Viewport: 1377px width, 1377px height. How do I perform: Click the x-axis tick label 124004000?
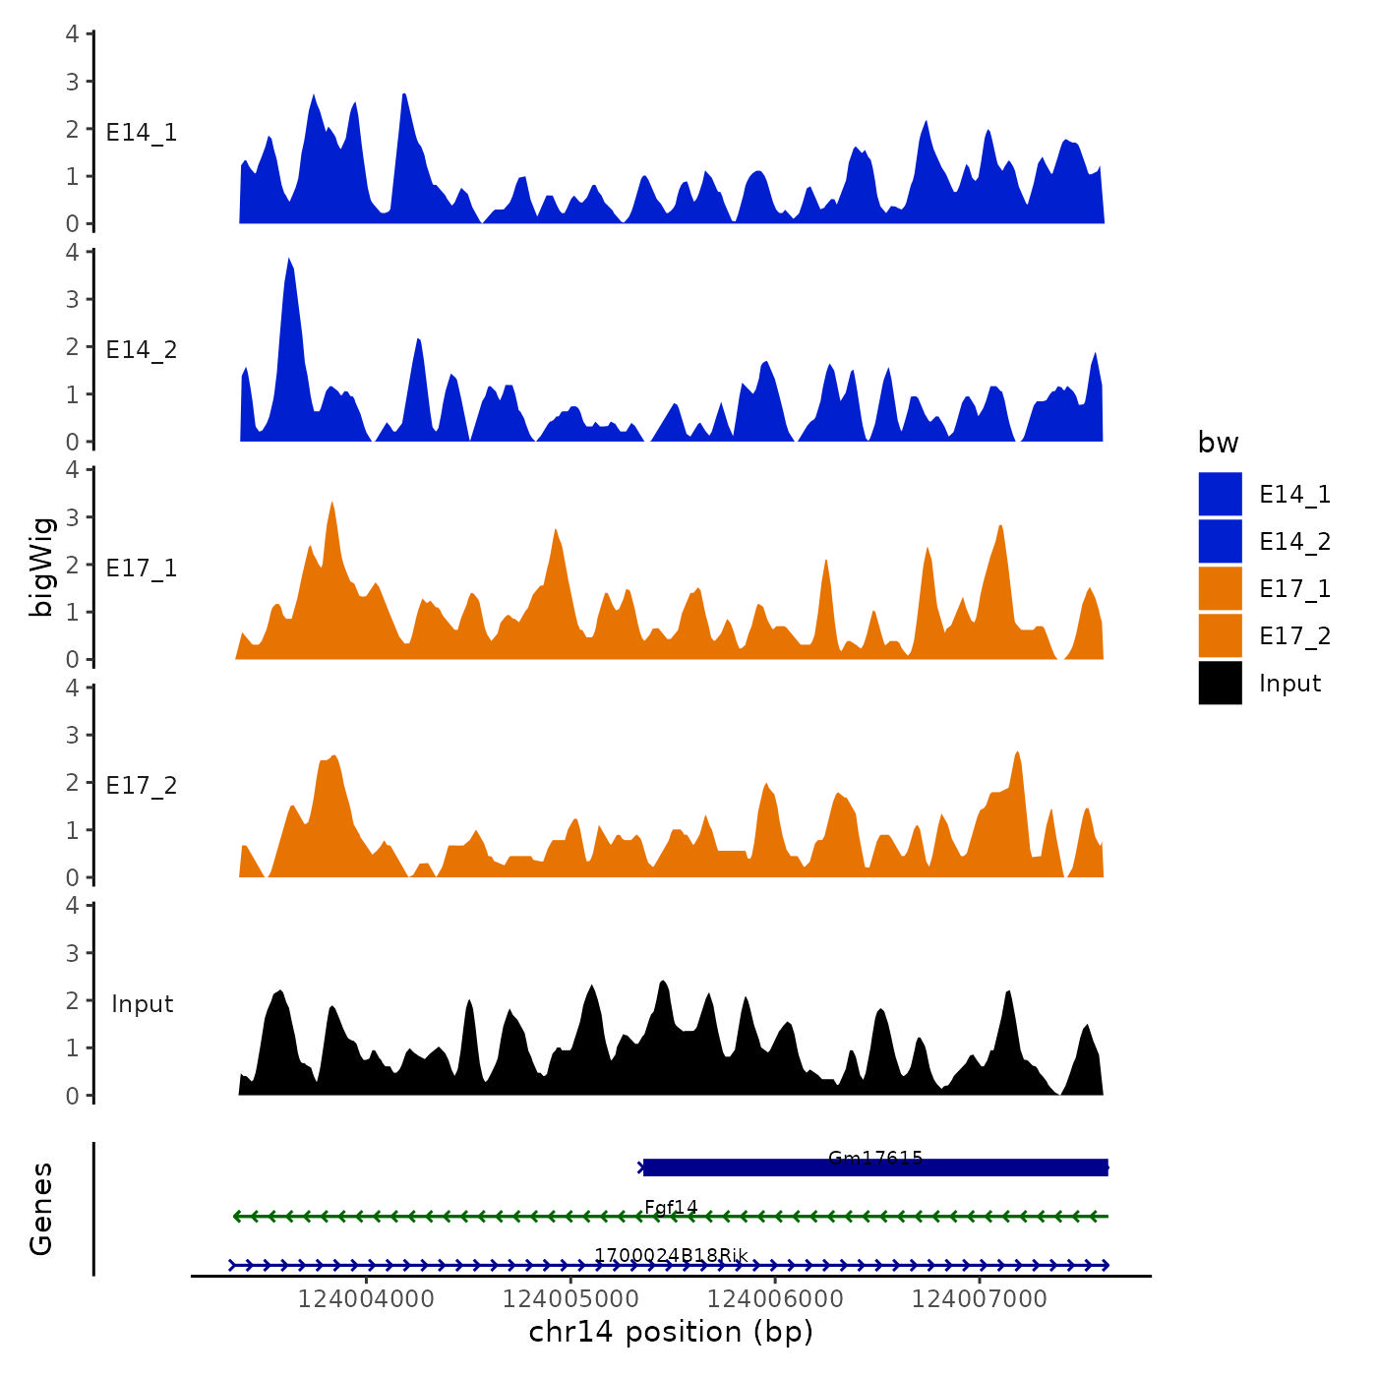[x=366, y=1298]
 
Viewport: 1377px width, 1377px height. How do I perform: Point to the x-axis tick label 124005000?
[x=570, y=1298]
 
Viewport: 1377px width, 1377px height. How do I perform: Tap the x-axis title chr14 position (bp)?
[x=671, y=1332]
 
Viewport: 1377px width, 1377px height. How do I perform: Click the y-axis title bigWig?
[x=41, y=567]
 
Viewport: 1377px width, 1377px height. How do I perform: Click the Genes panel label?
[x=41, y=1209]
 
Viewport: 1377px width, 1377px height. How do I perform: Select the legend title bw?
[x=1218, y=443]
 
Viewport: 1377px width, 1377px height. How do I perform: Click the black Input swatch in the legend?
[x=1220, y=683]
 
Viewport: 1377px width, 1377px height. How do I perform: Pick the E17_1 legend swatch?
[x=1220, y=588]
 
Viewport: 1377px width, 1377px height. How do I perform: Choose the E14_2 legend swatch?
[x=1220, y=541]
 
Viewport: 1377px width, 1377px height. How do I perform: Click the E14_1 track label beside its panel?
[x=142, y=133]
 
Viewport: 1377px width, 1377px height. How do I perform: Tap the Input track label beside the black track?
[x=142, y=1004]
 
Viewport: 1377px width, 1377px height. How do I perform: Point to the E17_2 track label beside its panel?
[x=142, y=786]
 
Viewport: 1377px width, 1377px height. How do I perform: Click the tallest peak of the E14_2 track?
[x=289, y=261]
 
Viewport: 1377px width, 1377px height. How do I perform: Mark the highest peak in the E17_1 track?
[x=332, y=505]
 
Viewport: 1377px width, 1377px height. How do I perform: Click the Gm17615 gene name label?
[x=875, y=1158]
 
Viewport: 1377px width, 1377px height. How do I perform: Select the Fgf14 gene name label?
[x=671, y=1207]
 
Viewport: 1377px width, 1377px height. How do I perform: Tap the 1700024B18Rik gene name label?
[x=671, y=1256]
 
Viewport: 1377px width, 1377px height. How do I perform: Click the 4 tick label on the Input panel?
[x=72, y=905]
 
